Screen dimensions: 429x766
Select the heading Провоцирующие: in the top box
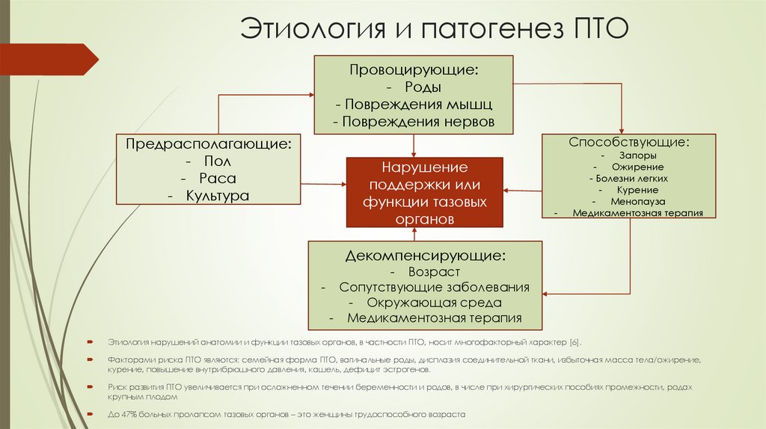point(414,70)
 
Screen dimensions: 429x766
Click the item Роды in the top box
point(420,87)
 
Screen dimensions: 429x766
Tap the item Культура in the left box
point(218,196)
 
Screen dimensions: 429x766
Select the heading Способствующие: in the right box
point(628,141)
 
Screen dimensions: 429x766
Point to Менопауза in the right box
point(637,201)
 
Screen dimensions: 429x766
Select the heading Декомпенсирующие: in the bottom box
point(425,256)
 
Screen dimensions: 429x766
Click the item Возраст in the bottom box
point(434,272)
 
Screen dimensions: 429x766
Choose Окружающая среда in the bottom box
point(434,303)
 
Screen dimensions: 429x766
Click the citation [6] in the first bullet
point(574,343)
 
